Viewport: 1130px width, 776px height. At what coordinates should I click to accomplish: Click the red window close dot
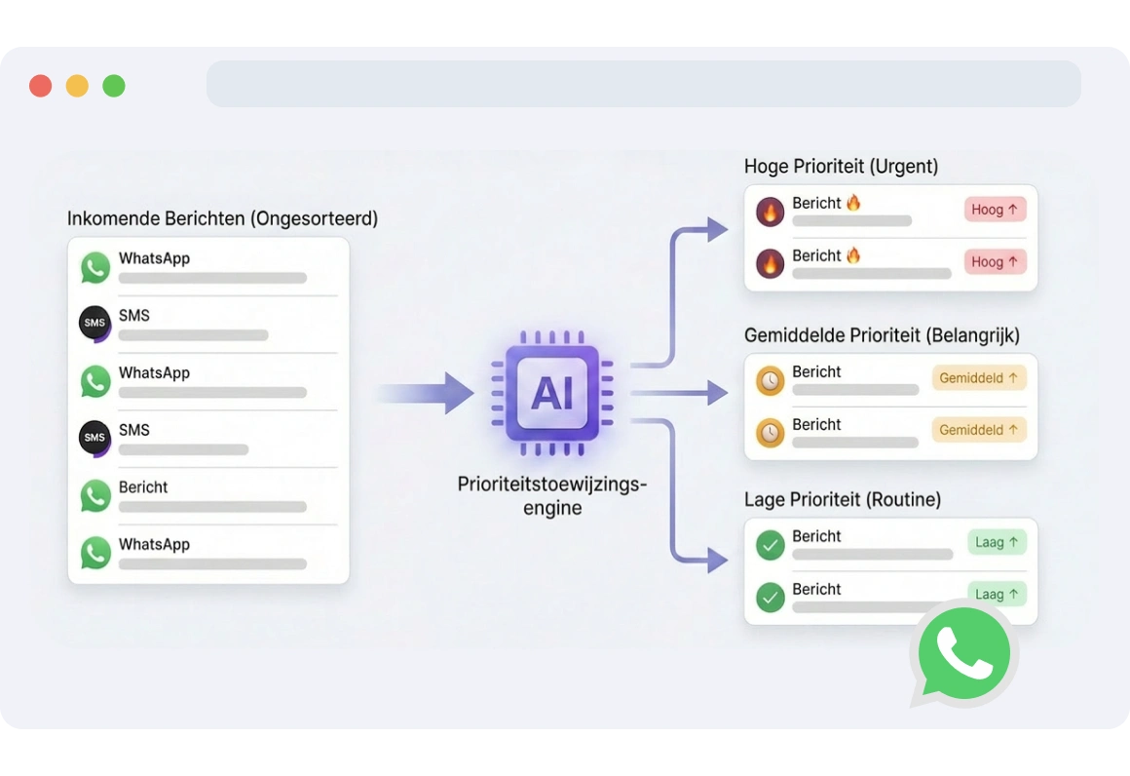point(40,86)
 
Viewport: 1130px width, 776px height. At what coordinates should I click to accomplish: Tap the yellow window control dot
point(77,86)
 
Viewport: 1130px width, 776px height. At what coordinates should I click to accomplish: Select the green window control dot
point(114,86)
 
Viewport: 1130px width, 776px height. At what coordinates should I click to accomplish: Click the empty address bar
point(643,84)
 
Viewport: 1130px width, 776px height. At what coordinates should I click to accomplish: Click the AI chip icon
point(552,394)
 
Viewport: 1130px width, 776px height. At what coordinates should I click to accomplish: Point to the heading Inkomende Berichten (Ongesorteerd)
point(222,218)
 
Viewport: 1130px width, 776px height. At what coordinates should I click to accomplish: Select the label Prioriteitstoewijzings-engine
point(552,495)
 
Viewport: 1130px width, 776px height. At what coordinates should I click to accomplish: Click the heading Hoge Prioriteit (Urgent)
point(841,166)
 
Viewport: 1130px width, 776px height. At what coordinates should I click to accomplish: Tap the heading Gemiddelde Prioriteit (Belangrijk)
point(882,335)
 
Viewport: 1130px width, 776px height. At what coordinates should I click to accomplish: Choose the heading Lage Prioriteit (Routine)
point(842,500)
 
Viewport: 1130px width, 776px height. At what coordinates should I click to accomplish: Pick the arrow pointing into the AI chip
point(425,393)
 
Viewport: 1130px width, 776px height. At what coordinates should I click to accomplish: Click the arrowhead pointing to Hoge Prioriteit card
point(718,230)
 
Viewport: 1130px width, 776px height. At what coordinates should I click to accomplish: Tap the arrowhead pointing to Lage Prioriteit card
point(718,560)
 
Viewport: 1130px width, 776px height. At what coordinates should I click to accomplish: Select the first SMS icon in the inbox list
point(94,324)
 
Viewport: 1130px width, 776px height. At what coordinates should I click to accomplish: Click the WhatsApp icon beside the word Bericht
point(95,495)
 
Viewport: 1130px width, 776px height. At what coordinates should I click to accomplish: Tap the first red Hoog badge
point(995,210)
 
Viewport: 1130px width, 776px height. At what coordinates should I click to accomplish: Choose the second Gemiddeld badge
point(979,430)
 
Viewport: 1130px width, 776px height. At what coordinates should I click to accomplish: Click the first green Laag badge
point(997,542)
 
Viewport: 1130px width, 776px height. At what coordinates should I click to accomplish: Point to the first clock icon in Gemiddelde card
point(770,380)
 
